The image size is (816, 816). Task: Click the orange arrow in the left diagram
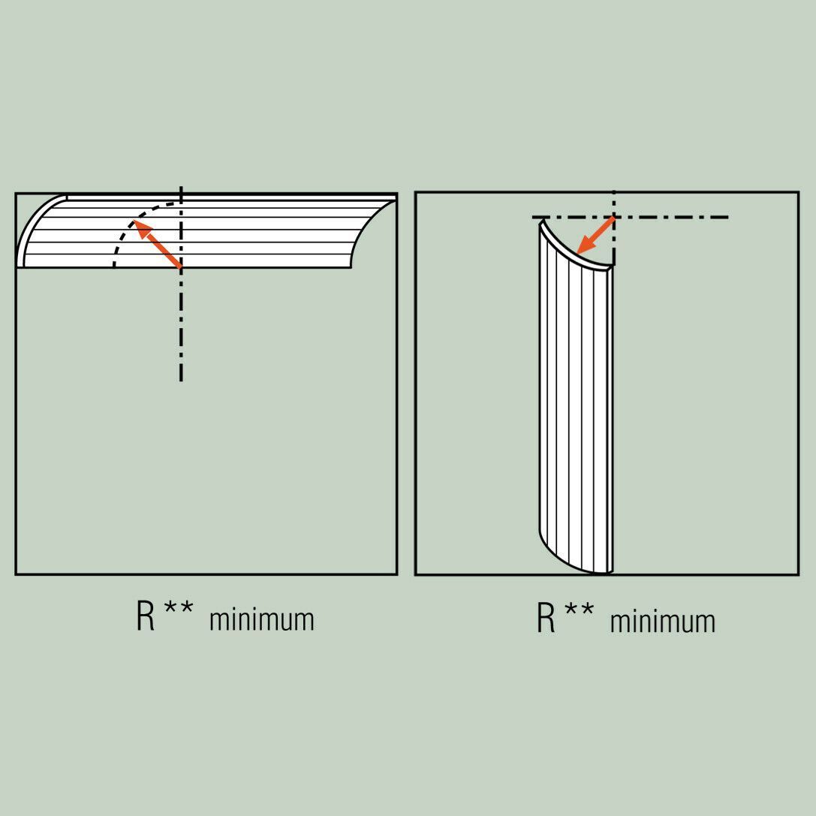tap(158, 243)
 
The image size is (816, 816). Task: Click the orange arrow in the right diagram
tap(596, 235)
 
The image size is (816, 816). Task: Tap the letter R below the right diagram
tap(546, 618)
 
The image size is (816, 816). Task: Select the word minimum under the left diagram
tap(262, 619)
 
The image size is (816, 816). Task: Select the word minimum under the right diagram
tap(662, 622)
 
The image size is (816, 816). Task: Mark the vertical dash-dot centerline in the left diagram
tap(181, 284)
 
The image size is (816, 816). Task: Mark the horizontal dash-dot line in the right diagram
tap(630, 217)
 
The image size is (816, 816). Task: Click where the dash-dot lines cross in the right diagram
tap(615, 217)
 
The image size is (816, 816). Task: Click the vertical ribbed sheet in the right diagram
tap(576, 396)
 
